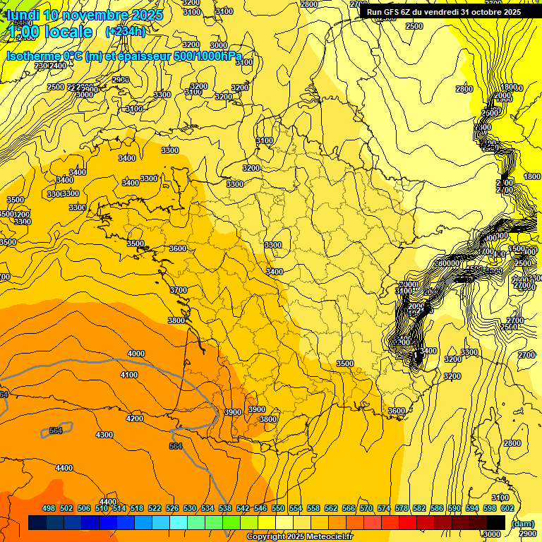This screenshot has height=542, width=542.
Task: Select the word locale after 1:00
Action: pyautogui.click(x=68, y=32)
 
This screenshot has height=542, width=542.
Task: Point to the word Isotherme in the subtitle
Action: pyautogui.click(x=32, y=56)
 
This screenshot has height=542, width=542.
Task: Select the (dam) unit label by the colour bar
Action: pyautogui.click(x=522, y=523)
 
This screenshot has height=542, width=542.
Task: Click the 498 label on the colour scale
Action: pyautogui.click(x=49, y=508)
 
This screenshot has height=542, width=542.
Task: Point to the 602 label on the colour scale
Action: pyautogui.click(x=507, y=508)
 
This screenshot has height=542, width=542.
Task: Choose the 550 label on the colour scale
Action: pyautogui.click(x=278, y=508)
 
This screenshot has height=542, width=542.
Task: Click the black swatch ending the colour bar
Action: pyautogui.click(x=496, y=523)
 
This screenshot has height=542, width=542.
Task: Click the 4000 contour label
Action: pyautogui.click(x=136, y=354)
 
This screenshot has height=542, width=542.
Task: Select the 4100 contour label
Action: pyautogui.click(x=129, y=375)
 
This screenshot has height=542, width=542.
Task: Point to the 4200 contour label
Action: pyautogui.click(x=135, y=418)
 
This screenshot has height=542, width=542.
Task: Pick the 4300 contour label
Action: pyautogui.click(x=104, y=435)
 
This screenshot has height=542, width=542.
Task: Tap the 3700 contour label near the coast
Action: pyautogui.click(x=179, y=290)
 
